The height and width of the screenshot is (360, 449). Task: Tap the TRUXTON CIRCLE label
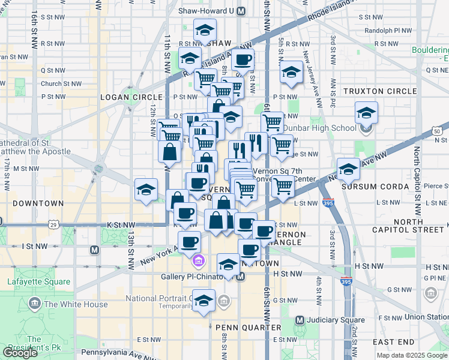pos(379,91)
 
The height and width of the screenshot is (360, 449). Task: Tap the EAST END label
pos(393,341)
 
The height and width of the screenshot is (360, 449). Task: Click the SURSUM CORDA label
pos(375,187)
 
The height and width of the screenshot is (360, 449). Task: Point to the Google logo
pos(20,352)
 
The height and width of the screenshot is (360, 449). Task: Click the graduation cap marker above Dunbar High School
pos(366,113)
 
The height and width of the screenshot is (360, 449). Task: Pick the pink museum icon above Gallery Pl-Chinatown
pos(199,262)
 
